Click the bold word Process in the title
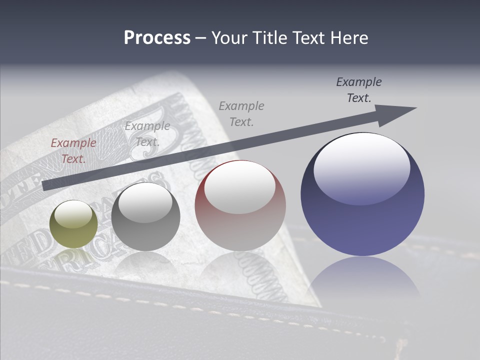coord(157,37)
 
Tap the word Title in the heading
coord(269,37)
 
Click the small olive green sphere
coord(73,224)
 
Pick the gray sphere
coord(145,216)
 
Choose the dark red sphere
coord(240,205)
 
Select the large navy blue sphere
coord(362,194)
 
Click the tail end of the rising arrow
coord(46,185)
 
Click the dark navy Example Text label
coord(359,90)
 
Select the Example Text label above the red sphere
coord(241,113)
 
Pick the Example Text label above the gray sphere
coord(147,134)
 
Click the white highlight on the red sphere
coord(240,188)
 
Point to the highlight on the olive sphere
coord(73,215)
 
